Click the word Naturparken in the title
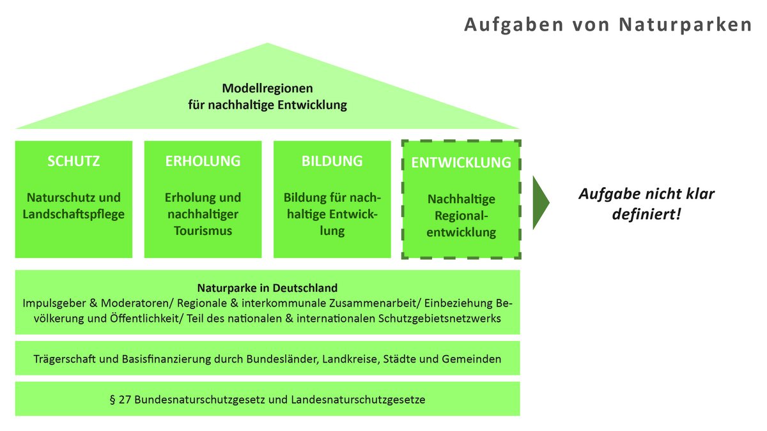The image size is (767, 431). coord(685,25)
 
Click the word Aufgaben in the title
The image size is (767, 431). coord(514,26)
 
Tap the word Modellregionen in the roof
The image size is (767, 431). coord(267,88)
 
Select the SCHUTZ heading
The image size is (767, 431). coord(74,161)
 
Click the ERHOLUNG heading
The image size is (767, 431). coord(203,161)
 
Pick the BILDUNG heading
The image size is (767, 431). coord(332,161)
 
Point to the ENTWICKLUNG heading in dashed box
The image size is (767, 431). coord(461,162)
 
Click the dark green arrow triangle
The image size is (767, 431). coord(540,202)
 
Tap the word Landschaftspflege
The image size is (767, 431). coord(74,215)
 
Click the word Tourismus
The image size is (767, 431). coord(203,231)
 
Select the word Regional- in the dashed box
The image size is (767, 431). coord(461,216)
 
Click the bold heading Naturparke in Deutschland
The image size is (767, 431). coord(267,288)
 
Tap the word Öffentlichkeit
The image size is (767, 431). coord(146,319)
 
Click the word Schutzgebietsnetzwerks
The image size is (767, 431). coord(439,319)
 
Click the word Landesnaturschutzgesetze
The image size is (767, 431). coord(358,400)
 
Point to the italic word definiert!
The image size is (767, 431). coord(646,215)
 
